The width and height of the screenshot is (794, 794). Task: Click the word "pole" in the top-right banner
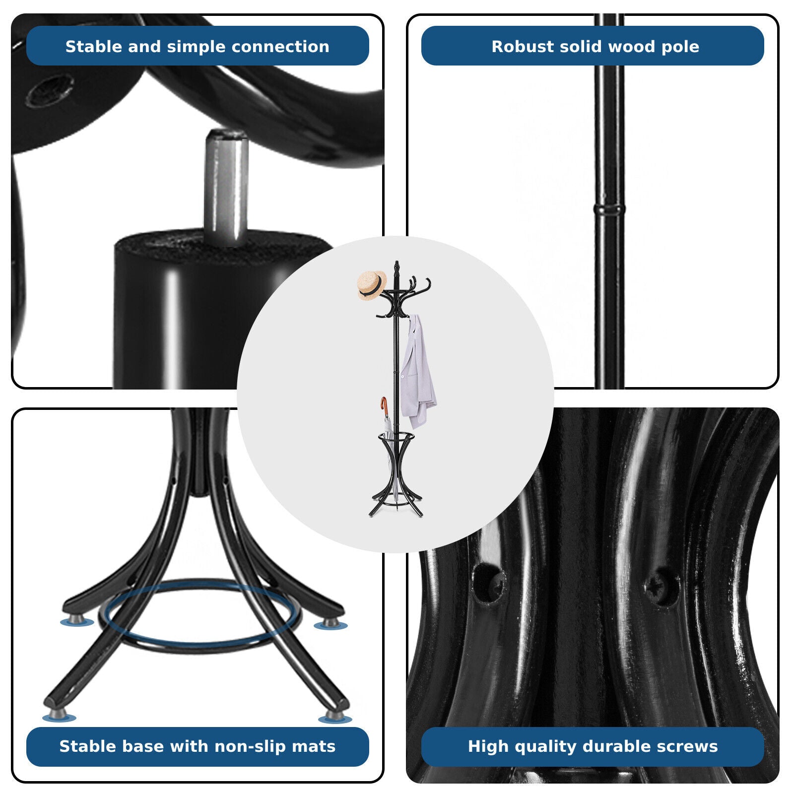pyautogui.click(x=679, y=47)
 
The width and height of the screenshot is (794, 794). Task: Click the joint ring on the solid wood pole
pyautogui.click(x=609, y=208)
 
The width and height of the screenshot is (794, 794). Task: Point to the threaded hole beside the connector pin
pyautogui.click(x=48, y=90)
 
